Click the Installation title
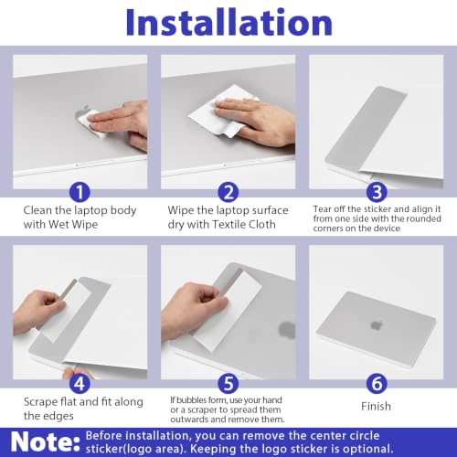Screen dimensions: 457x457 click(x=228, y=23)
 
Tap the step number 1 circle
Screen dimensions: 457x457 click(x=80, y=192)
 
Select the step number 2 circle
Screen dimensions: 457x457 click(x=228, y=192)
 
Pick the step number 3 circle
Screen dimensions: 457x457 click(x=377, y=192)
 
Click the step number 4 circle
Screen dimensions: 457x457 click(x=80, y=384)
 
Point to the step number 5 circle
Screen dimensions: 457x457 click(x=228, y=384)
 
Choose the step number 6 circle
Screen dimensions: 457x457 click(x=377, y=384)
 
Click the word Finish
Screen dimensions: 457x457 click(x=376, y=406)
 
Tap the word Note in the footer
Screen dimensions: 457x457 click(x=45, y=441)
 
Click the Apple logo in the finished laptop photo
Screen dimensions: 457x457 click(x=377, y=325)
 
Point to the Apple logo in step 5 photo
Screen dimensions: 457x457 click(x=286, y=330)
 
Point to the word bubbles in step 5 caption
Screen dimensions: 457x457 click(x=192, y=399)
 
